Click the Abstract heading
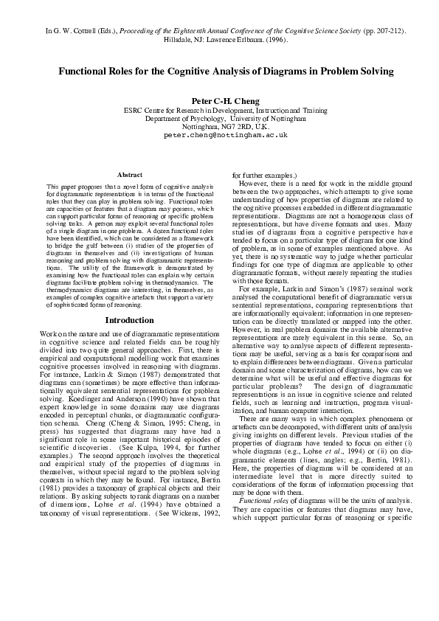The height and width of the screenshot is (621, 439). (x=129, y=174)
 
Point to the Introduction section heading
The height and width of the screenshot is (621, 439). (x=129, y=320)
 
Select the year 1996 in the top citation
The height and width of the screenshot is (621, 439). (x=269, y=41)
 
